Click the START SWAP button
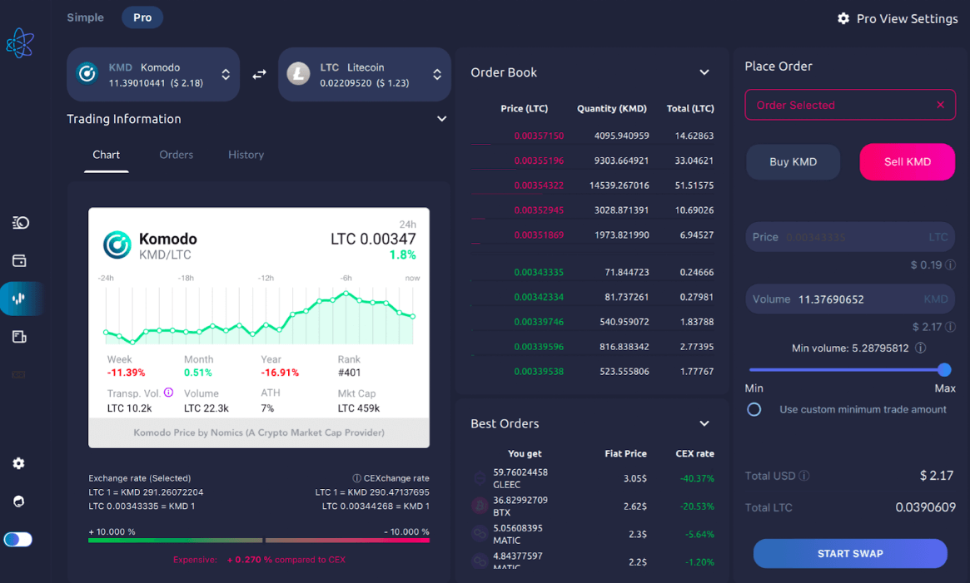tap(850, 553)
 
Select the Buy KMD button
tap(793, 162)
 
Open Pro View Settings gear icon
tap(843, 18)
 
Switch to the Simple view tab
tap(86, 17)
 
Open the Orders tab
tap(176, 155)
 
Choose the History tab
tap(246, 155)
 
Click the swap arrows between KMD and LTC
tap(259, 74)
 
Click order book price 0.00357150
tap(539, 136)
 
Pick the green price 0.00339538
tap(539, 372)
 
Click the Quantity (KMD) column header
tap(612, 109)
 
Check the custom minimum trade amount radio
tap(754, 409)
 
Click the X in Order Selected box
tap(940, 105)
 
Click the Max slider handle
tap(944, 369)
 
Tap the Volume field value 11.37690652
tap(831, 299)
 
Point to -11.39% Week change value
tap(126, 373)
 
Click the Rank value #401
tap(349, 373)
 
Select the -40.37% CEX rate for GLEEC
tap(696, 478)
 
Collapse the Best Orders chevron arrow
tap(704, 423)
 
